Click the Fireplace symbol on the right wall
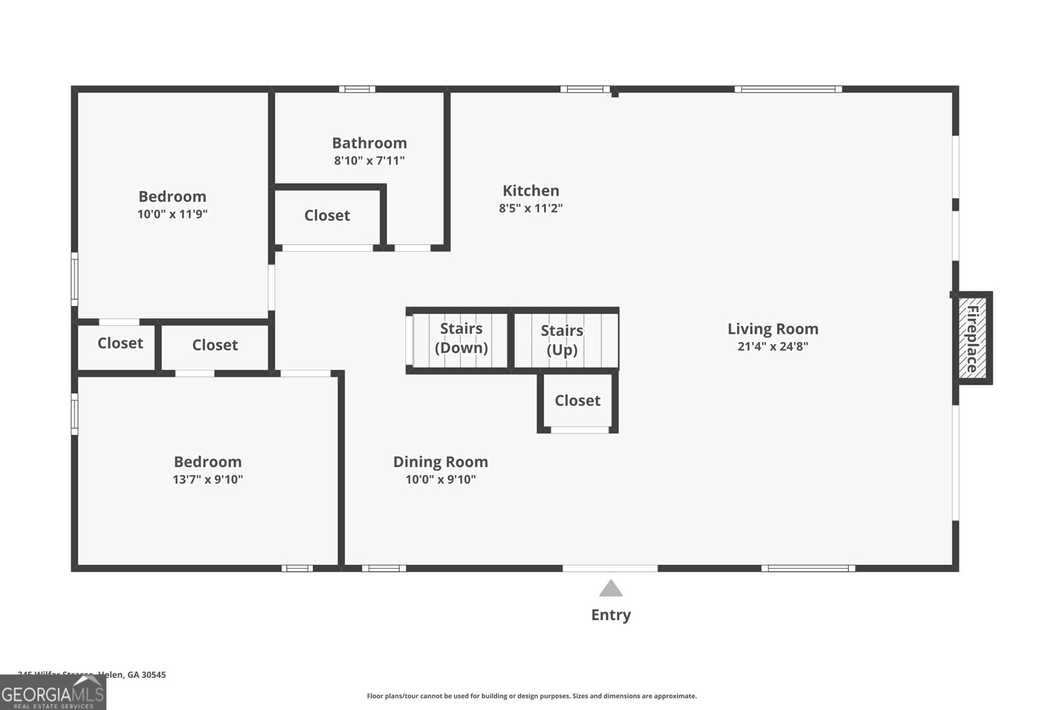(972, 338)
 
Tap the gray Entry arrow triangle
(610, 589)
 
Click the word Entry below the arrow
(610, 615)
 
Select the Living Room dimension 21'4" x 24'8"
(773, 347)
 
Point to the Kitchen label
(531, 191)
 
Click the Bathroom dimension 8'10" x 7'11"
(369, 160)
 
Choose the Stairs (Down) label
(461, 338)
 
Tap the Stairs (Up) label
(562, 340)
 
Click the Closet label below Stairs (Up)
(577, 401)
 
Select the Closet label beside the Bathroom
(327, 216)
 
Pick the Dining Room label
(440, 462)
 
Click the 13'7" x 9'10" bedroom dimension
(207, 480)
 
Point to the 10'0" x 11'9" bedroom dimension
(172, 214)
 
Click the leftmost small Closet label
(120, 343)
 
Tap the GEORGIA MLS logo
(53, 693)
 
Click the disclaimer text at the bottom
(531, 696)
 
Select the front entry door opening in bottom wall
(610, 568)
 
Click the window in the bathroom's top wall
(356, 89)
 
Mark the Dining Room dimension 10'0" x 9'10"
(440, 480)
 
